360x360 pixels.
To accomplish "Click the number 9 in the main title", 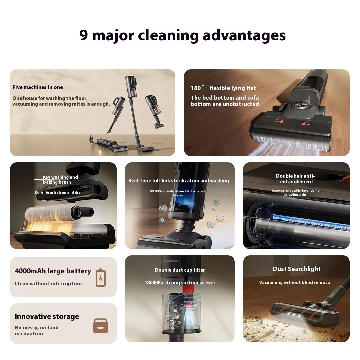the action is tap(84, 35).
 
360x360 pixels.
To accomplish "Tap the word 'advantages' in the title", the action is tap(244, 36).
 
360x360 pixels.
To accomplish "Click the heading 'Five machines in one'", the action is tap(38, 87).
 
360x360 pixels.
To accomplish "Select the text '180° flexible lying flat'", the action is tap(223, 88).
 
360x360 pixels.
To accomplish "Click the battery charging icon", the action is tap(101, 278).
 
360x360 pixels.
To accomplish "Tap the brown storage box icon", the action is tap(101, 326).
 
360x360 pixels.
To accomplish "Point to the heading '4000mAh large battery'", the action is tap(53, 271).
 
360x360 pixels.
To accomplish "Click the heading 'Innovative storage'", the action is tap(47, 317).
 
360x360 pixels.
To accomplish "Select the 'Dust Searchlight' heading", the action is tap(297, 269).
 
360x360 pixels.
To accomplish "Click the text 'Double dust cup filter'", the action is tap(180, 270).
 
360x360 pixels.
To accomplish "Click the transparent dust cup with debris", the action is tap(181, 313).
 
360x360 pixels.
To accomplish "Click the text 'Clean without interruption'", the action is tap(48, 284).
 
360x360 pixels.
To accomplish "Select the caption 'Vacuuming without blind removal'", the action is tap(295, 283).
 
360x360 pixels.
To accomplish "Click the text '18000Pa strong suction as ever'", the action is tap(180, 283).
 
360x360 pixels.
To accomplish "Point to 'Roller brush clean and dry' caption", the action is tap(58, 192).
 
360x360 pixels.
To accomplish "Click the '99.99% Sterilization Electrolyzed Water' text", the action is tap(177, 193).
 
